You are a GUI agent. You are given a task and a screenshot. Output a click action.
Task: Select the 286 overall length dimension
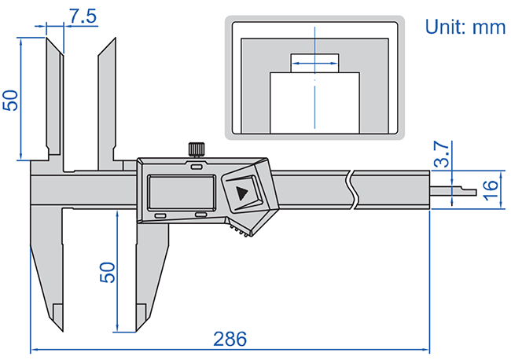click(x=230, y=339)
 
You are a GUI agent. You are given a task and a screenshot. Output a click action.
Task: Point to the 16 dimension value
click(x=488, y=189)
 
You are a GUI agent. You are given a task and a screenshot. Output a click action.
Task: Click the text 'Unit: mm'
click(x=464, y=27)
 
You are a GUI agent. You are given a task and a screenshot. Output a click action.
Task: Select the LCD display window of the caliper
click(x=180, y=191)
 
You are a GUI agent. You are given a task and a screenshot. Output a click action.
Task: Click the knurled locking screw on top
click(x=196, y=149)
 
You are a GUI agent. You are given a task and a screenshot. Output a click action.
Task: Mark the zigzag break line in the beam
click(x=351, y=191)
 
